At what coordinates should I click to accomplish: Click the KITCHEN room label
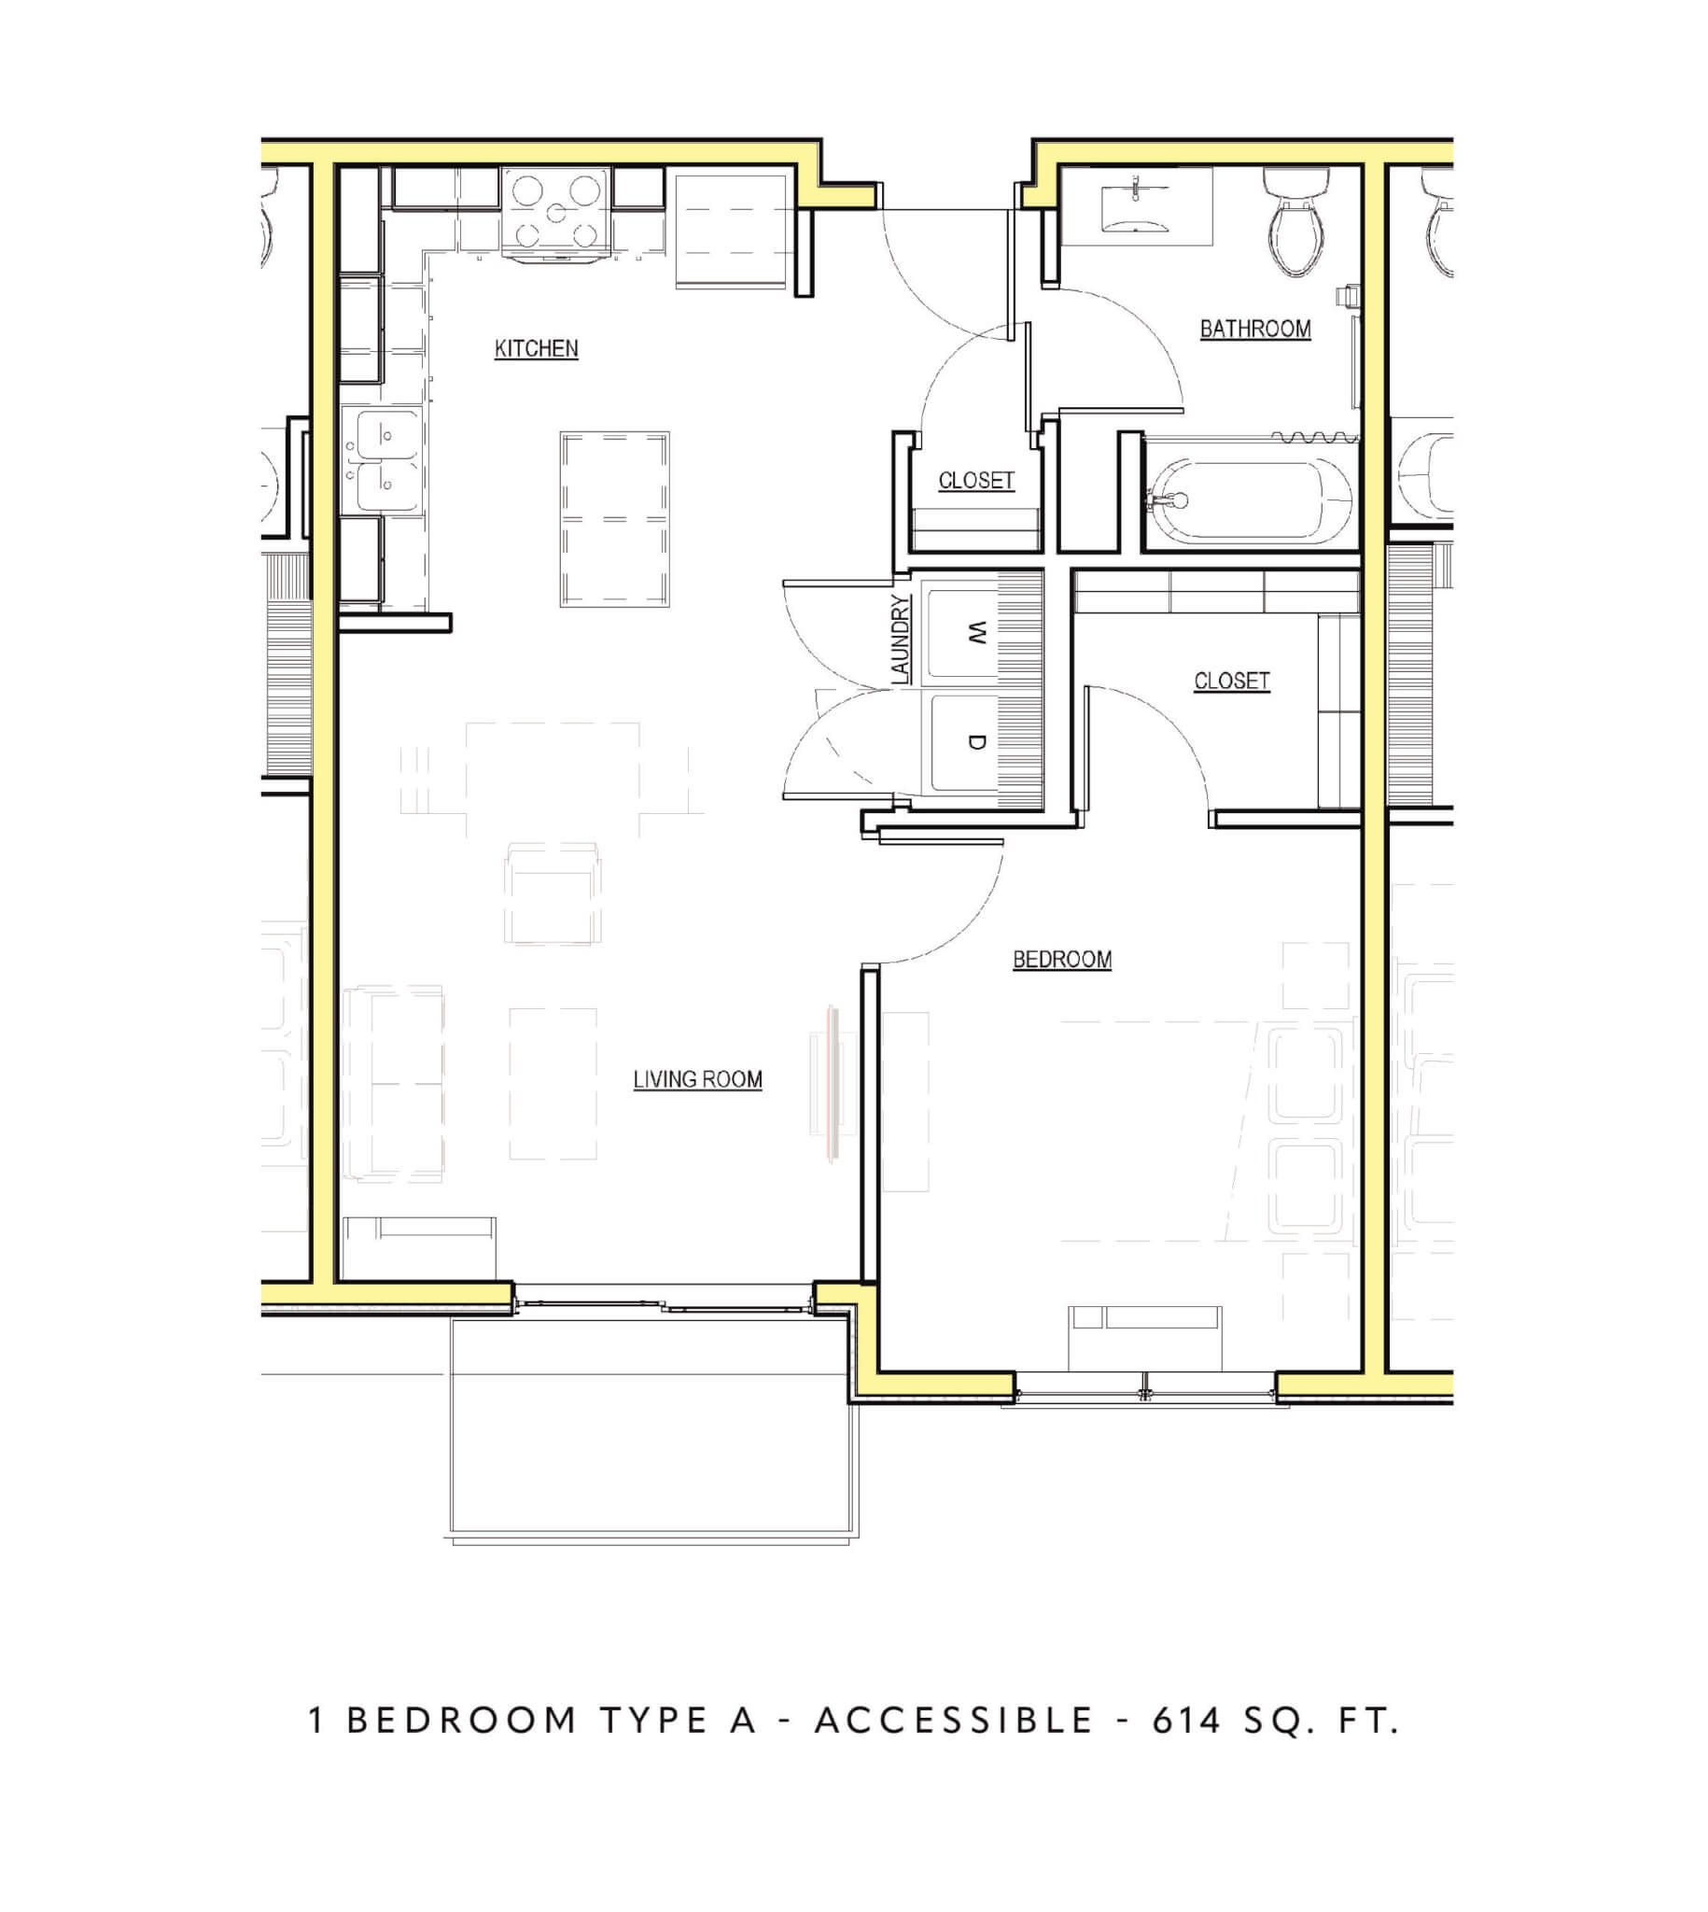536,348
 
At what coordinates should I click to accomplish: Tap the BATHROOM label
1254,329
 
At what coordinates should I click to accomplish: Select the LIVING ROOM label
697,1079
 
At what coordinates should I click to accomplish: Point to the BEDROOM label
1061,960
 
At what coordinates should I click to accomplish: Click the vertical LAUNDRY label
900,640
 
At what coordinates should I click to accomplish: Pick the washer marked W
962,634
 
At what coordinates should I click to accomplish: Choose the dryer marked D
962,742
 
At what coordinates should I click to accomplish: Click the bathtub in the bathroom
1251,500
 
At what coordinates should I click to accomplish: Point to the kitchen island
615,519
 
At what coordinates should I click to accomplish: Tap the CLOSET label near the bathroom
976,481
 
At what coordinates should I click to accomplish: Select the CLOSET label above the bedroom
1231,681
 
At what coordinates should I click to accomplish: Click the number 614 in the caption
1186,1721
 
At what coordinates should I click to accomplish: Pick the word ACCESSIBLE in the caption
955,1721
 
